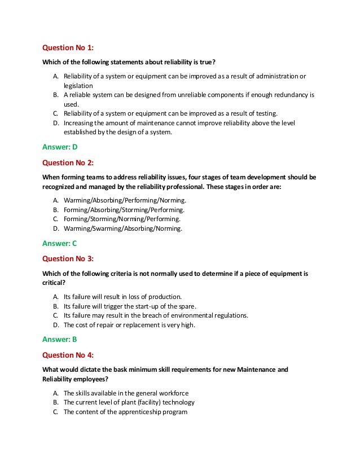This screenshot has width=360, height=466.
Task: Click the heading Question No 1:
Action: [x=68, y=48]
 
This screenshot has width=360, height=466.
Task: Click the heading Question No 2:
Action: [x=68, y=162]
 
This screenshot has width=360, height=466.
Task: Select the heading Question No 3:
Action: [x=68, y=258]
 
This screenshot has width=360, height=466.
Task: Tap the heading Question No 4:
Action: [x=68, y=354]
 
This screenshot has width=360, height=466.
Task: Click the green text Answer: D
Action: [x=60, y=147]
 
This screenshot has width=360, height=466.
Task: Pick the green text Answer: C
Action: [x=60, y=243]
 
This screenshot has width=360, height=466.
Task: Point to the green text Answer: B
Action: [x=60, y=339]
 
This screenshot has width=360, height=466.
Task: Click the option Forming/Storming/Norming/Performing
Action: [x=122, y=219]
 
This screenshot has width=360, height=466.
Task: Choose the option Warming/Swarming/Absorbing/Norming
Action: [x=123, y=228]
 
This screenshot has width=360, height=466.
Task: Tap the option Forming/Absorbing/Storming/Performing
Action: [x=124, y=209]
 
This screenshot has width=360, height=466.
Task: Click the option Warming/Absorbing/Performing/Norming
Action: [x=125, y=200]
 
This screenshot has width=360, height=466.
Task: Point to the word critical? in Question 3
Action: [x=54, y=282]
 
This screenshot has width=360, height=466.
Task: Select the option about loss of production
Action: [x=122, y=296]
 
